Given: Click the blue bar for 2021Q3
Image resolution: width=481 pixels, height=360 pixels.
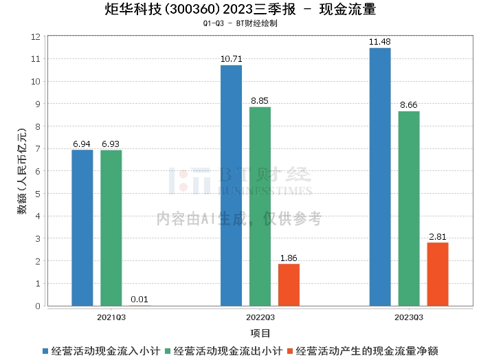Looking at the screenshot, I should click(x=82, y=227).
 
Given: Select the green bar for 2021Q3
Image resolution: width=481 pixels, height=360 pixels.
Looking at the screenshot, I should click(x=111, y=227).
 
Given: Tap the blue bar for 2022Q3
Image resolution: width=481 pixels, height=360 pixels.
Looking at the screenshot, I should click(x=231, y=185).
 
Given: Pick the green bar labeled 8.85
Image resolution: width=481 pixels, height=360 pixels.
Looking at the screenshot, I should click(x=260, y=206).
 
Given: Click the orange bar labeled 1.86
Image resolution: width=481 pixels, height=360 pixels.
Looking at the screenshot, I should click(x=289, y=284).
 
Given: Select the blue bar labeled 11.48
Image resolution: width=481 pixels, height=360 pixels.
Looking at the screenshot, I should click(x=380, y=177).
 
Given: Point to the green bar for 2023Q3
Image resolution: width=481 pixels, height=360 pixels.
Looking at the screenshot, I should click(x=409, y=208).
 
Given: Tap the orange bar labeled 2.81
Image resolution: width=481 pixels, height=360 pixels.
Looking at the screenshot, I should click(x=438, y=274).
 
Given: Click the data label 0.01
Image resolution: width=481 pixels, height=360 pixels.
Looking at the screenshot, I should click(x=139, y=300).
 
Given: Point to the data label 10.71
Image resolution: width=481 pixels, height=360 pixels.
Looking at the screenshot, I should click(x=231, y=59).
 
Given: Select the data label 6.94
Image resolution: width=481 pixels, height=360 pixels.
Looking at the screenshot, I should click(x=82, y=144).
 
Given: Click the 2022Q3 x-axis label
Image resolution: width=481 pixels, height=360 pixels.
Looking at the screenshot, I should click(x=260, y=318).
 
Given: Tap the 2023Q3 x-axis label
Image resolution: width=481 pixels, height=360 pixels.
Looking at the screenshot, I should click(x=409, y=318).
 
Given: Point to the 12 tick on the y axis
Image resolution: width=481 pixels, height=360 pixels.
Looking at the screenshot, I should click(x=35, y=36).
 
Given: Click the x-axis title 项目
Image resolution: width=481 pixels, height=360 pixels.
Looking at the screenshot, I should click(x=260, y=333).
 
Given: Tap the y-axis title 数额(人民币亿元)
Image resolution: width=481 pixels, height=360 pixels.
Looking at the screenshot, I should click(x=21, y=172).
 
